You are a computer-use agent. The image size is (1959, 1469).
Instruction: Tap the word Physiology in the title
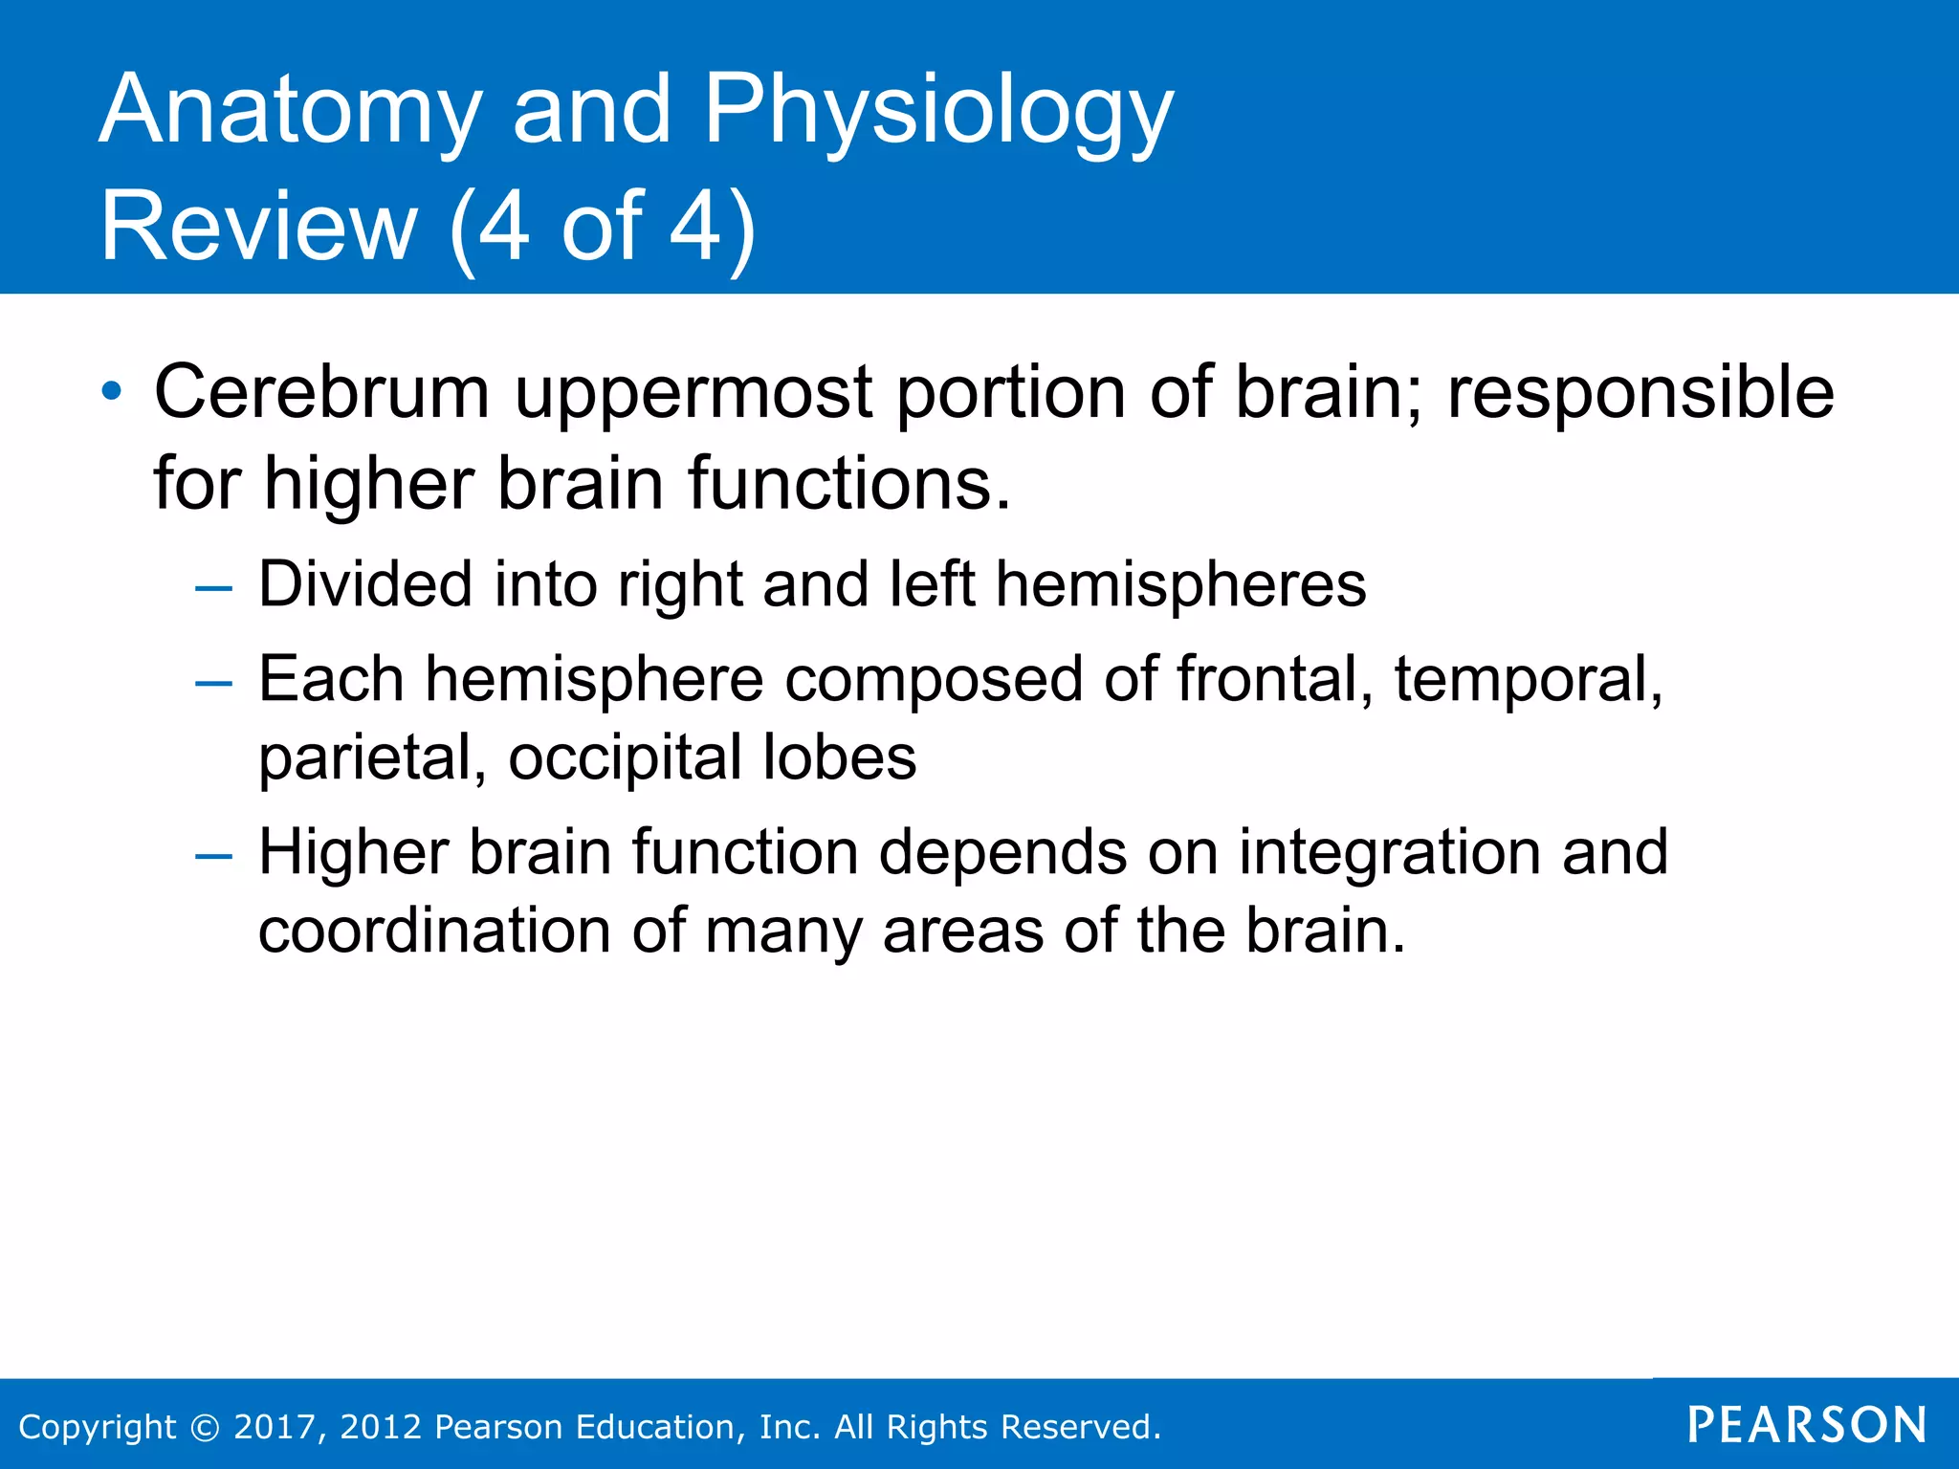(938, 112)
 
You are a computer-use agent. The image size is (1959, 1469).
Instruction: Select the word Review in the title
(258, 228)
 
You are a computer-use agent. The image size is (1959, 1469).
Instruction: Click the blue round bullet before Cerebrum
(112, 391)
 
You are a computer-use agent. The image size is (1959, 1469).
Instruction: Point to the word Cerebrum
(321, 392)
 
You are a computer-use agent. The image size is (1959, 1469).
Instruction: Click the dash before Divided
(212, 588)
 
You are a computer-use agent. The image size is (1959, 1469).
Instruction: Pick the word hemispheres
(1180, 585)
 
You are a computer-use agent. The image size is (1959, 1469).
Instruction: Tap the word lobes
(839, 757)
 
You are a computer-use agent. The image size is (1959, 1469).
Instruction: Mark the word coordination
(433, 931)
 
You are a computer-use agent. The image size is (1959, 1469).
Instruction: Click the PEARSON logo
(1806, 1425)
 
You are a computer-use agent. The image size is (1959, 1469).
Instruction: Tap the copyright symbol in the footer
(205, 1427)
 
